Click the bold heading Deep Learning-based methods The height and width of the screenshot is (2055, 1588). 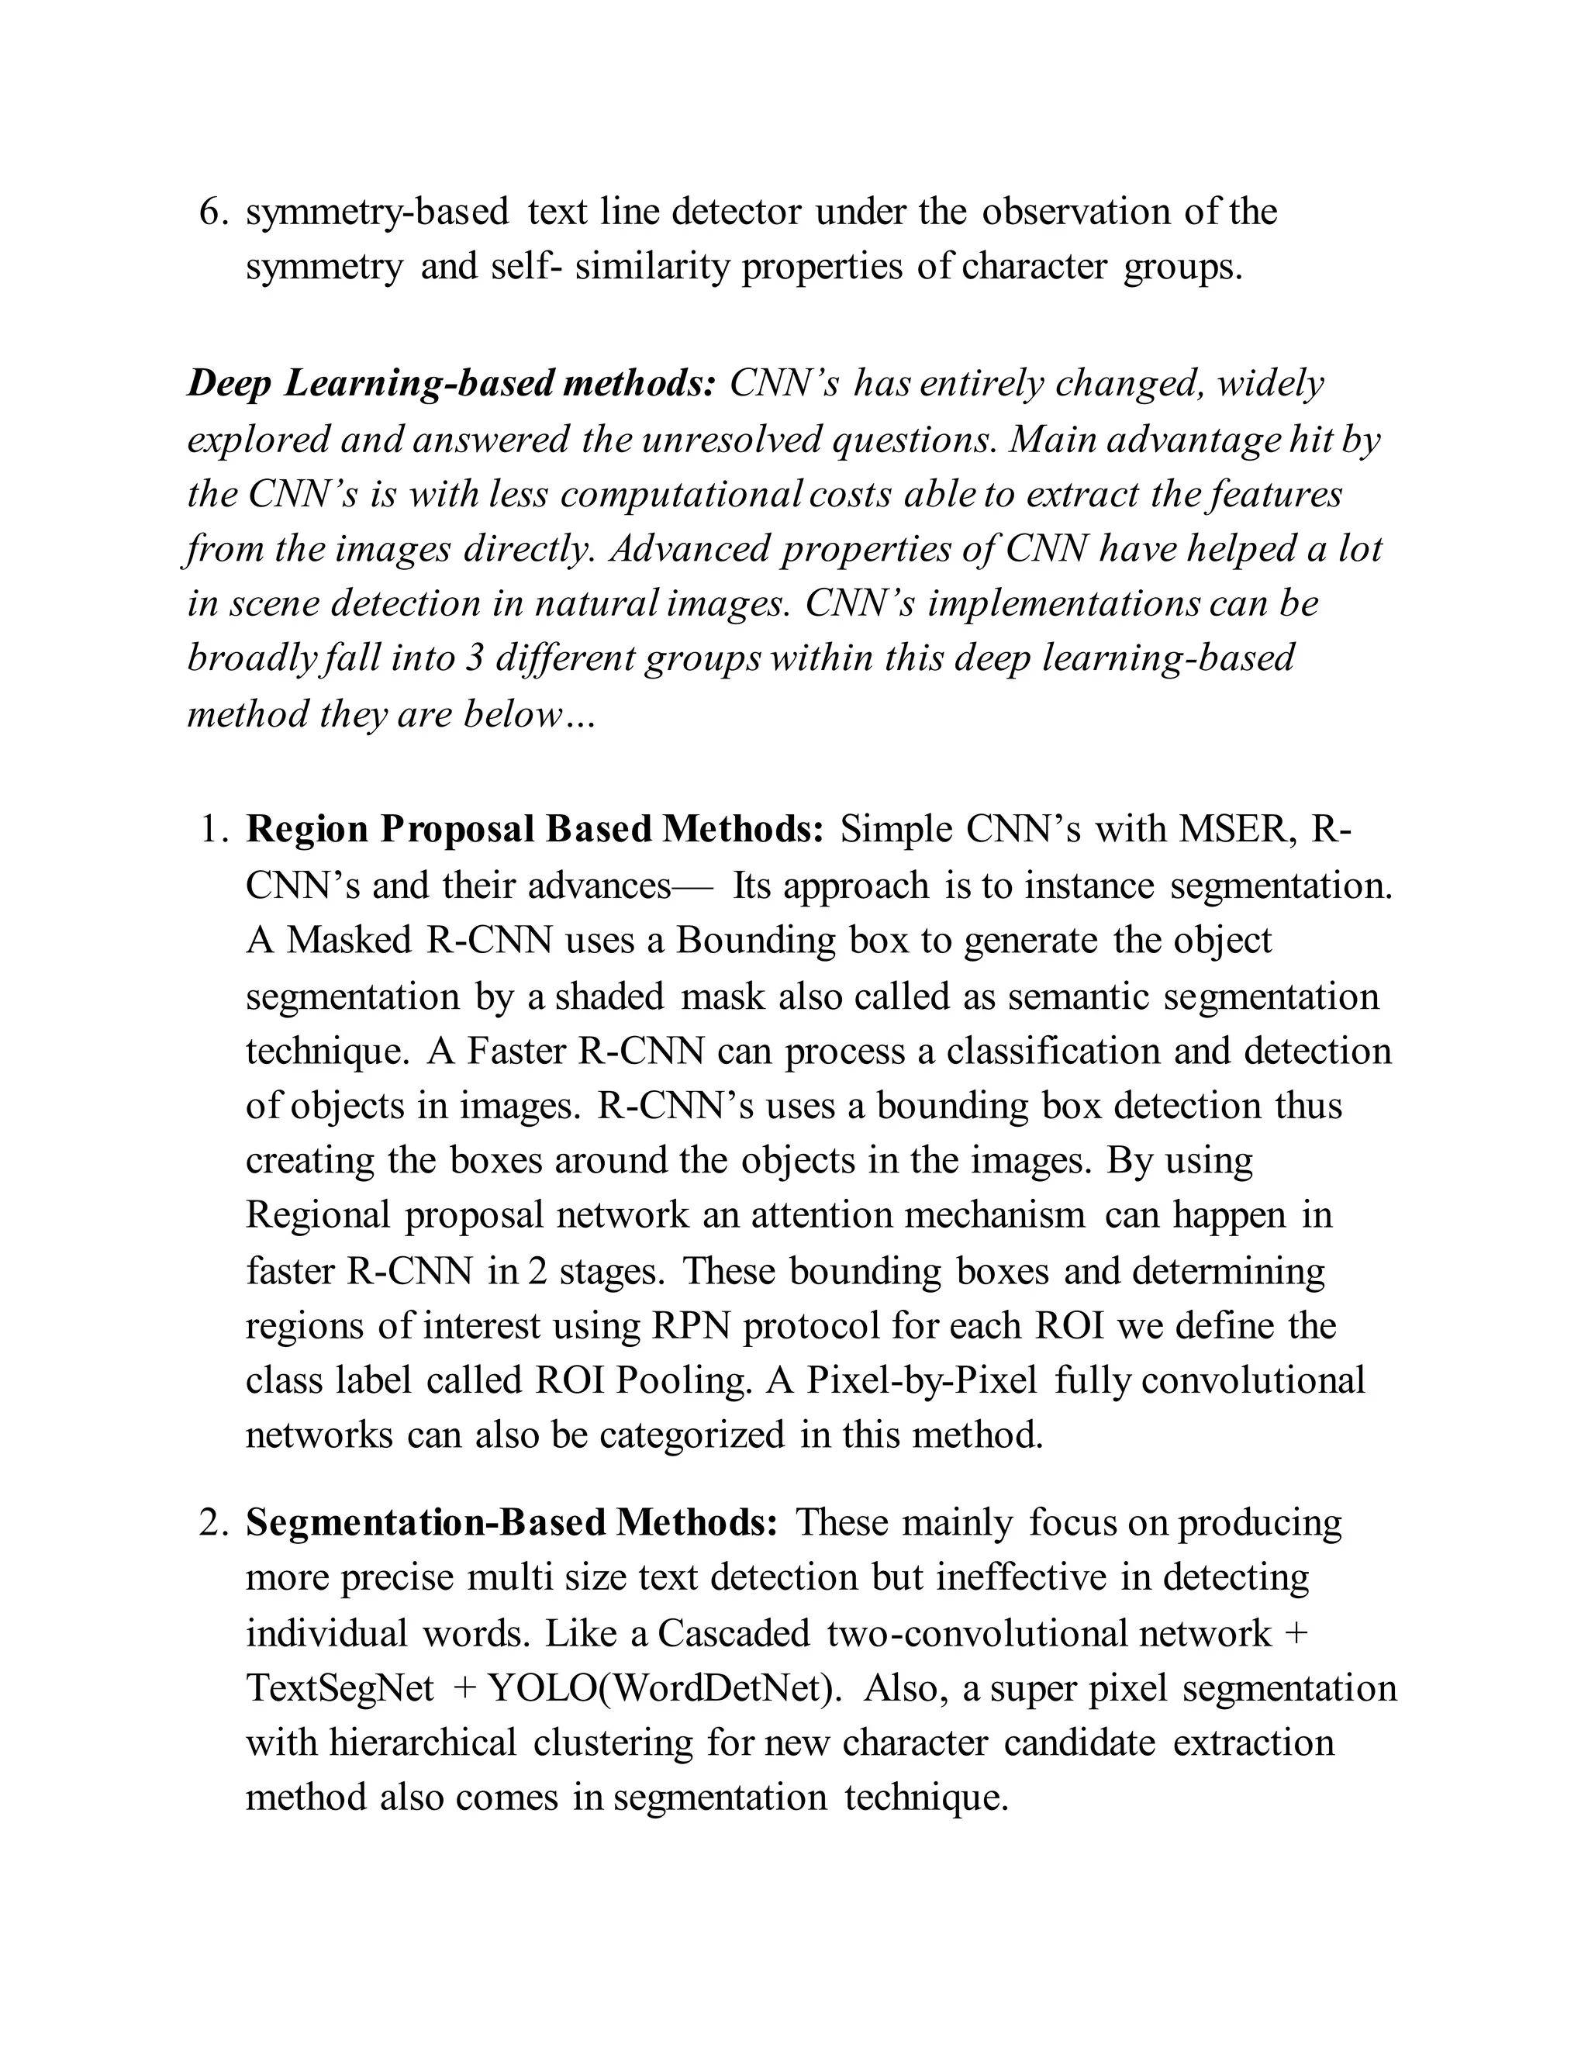[451, 384]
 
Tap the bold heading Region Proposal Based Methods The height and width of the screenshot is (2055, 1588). [534, 829]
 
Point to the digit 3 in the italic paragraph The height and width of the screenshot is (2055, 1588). [474, 658]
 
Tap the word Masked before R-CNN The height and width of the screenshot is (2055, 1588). [349, 940]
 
